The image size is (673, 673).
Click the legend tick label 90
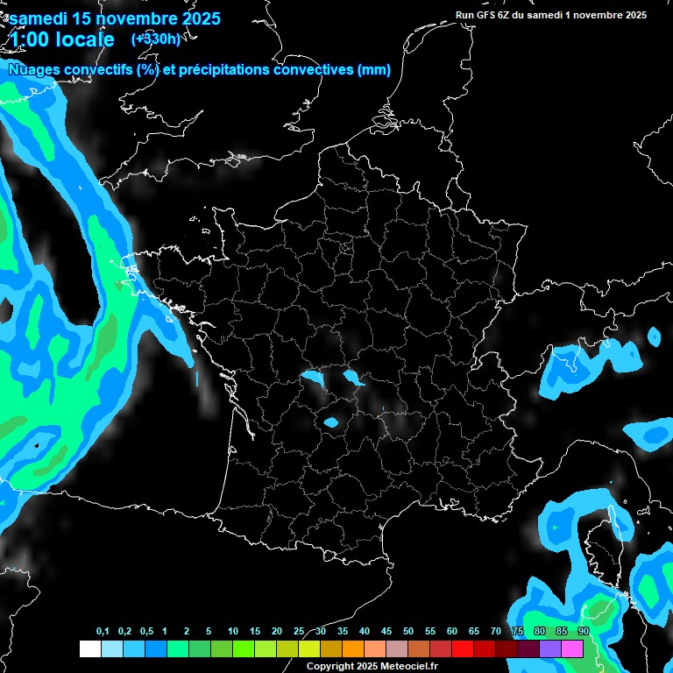(x=584, y=631)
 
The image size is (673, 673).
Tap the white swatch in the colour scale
(x=89, y=648)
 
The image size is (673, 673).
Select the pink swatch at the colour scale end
(x=572, y=648)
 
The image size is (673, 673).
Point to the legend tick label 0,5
(x=145, y=631)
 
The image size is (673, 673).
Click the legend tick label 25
(x=299, y=631)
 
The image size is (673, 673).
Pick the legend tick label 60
(x=452, y=631)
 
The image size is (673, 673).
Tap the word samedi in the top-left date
(x=39, y=18)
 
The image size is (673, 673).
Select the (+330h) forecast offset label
(x=156, y=39)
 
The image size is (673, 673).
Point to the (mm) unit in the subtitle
(x=374, y=70)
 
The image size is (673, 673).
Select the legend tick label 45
(x=386, y=631)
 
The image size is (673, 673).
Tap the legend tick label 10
(x=233, y=631)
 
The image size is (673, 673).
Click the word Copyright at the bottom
(x=329, y=667)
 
